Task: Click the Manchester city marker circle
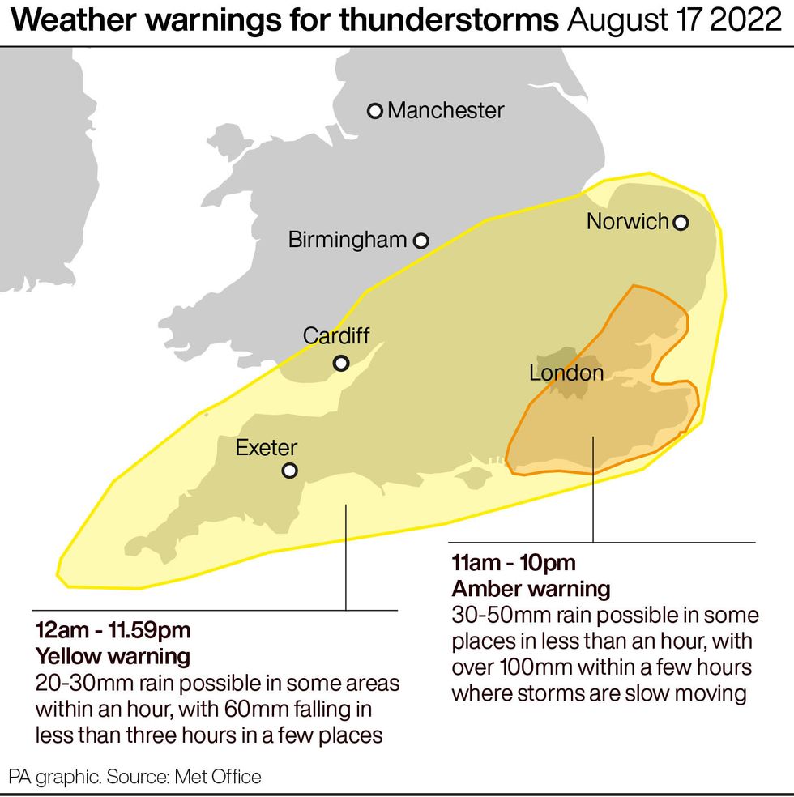(374, 111)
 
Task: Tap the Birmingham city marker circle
(421, 241)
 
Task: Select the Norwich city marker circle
(681, 222)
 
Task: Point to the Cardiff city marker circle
(341, 363)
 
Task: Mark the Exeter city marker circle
(289, 471)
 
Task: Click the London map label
(566, 373)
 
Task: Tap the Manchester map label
(446, 110)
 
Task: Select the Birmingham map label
(348, 240)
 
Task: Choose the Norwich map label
(627, 221)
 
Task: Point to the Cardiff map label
(340, 335)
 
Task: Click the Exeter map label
(267, 447)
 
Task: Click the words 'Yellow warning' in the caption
(113, 655)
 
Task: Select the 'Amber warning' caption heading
(531, 588)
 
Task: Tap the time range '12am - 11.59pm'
(113, 630)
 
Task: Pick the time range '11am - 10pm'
(514, 563)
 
